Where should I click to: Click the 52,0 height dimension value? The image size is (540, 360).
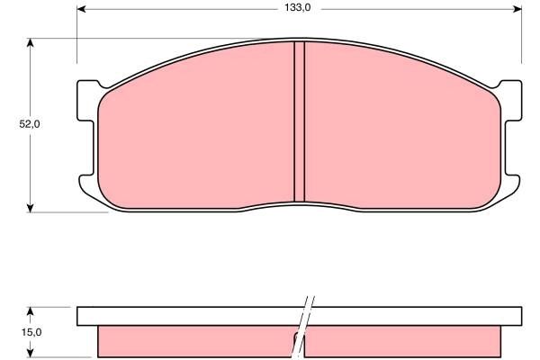pos(30,125)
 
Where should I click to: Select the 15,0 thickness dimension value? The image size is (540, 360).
pos(30,332)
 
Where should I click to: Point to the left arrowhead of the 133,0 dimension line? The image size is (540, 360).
pos(82,9)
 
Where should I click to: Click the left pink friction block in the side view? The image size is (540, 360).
pos(193,340)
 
